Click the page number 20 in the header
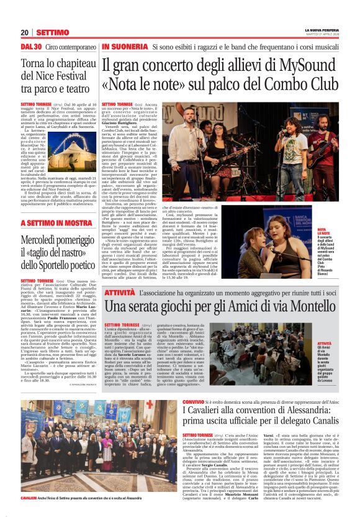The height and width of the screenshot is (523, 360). tap(25, 32)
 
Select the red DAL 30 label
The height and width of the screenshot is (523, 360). tap(31, 47)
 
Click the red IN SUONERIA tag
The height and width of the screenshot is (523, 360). tap(124, 47)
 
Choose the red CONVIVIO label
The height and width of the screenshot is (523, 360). tap(194, 402)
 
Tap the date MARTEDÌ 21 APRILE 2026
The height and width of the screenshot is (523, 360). tap(325, 34)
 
